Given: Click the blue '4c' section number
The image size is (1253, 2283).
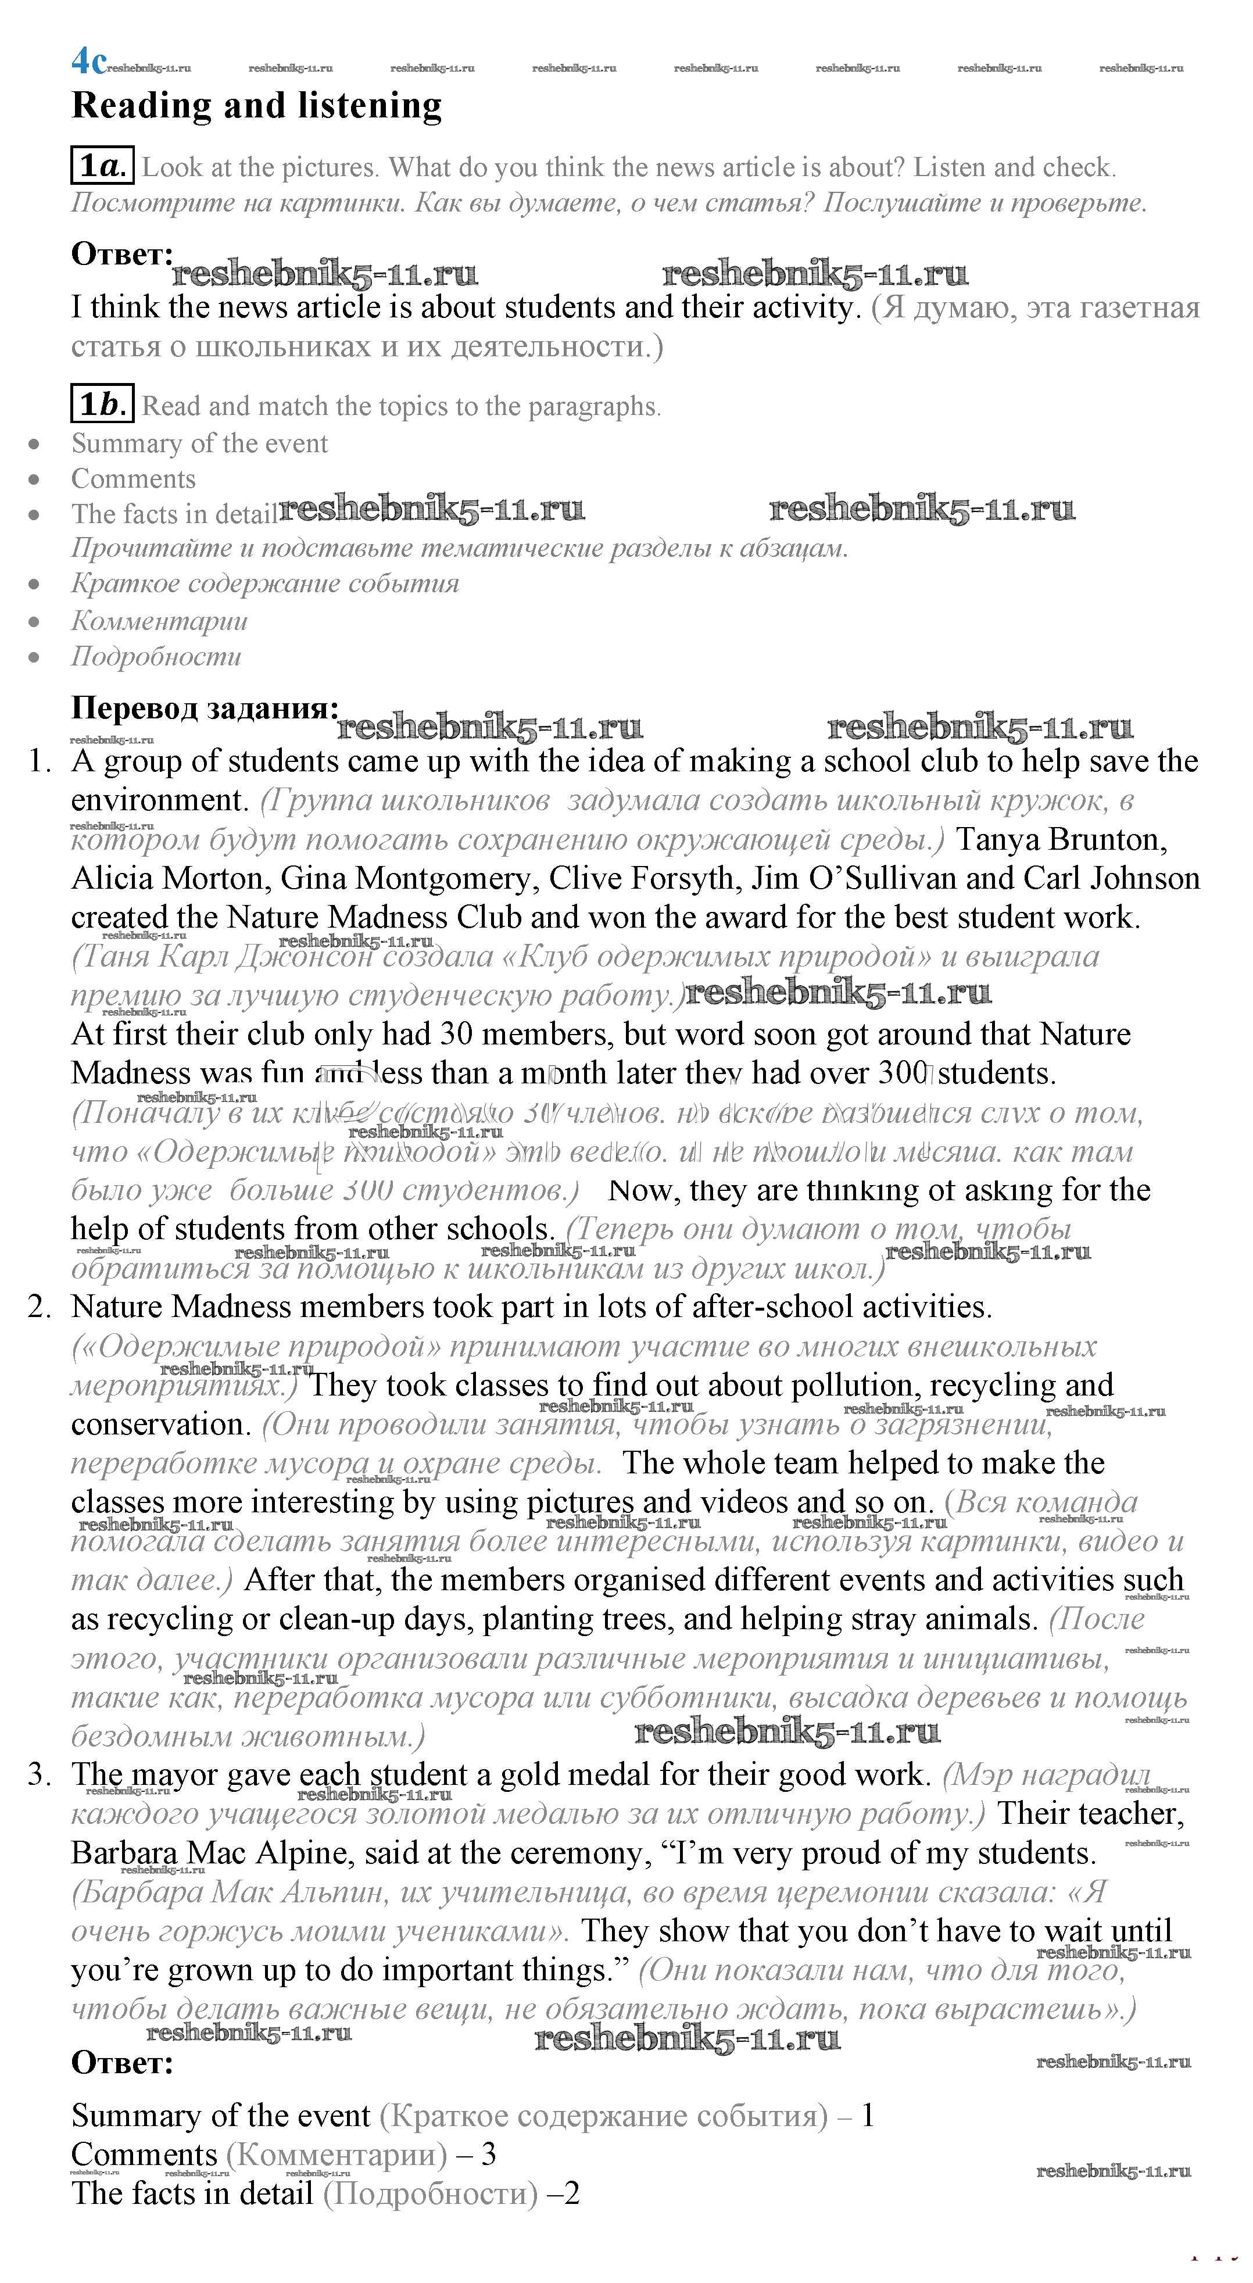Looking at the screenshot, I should [88, 62].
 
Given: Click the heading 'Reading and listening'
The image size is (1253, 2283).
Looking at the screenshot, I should [256, 105].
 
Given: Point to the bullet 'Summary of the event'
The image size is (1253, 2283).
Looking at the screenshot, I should [199, 443].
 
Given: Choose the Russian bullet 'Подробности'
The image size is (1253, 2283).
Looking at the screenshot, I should [156, 657].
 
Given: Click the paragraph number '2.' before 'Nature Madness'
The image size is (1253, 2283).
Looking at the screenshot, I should [40, 1307].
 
